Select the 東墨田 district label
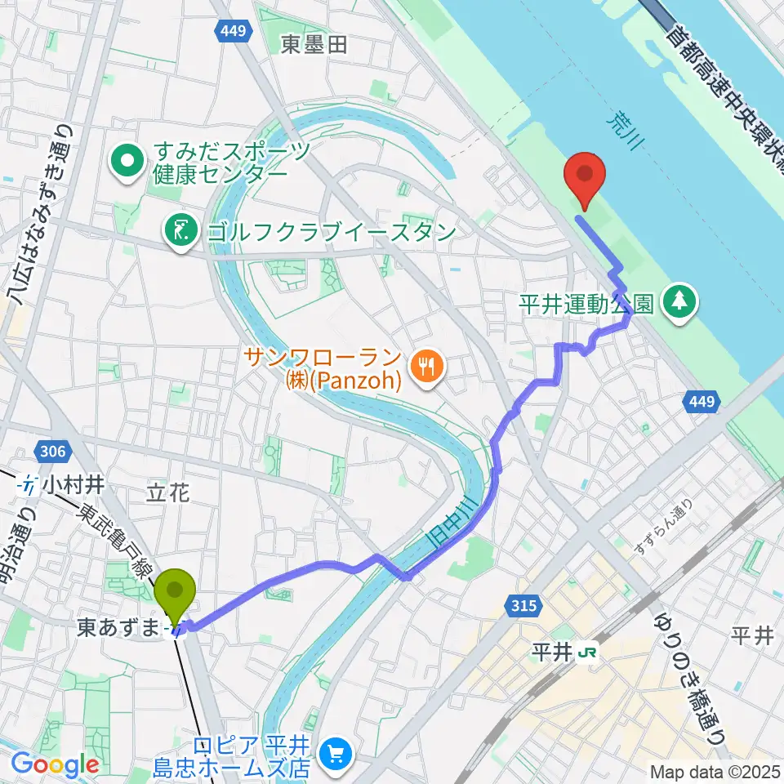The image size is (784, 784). tap(314, 45)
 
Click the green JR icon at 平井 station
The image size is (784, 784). tap(585, 653)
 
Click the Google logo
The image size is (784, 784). tap(55, 764)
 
